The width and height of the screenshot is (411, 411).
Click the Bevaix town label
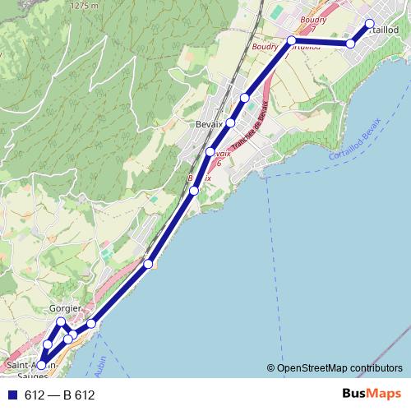(210, 124)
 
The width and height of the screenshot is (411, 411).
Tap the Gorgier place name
(65, 308)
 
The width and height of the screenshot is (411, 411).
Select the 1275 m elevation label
(85, 5)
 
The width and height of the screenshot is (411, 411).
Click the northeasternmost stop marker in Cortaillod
(369, 23)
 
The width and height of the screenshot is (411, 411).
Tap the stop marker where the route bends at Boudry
(291, 39)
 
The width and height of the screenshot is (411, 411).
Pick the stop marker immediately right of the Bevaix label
(230, 122)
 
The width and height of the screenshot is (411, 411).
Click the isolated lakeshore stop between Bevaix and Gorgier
(148, 264)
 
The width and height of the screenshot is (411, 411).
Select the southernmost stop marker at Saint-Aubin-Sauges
(41, 365)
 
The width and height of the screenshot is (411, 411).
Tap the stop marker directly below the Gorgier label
(61, 321)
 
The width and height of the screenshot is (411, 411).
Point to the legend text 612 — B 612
(60, 395)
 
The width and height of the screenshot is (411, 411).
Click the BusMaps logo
(372, 395)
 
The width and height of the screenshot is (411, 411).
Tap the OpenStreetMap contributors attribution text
(340, 368)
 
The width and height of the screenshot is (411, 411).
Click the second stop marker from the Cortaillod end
(351, 44)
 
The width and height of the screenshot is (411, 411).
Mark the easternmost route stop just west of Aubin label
(91, 324)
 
